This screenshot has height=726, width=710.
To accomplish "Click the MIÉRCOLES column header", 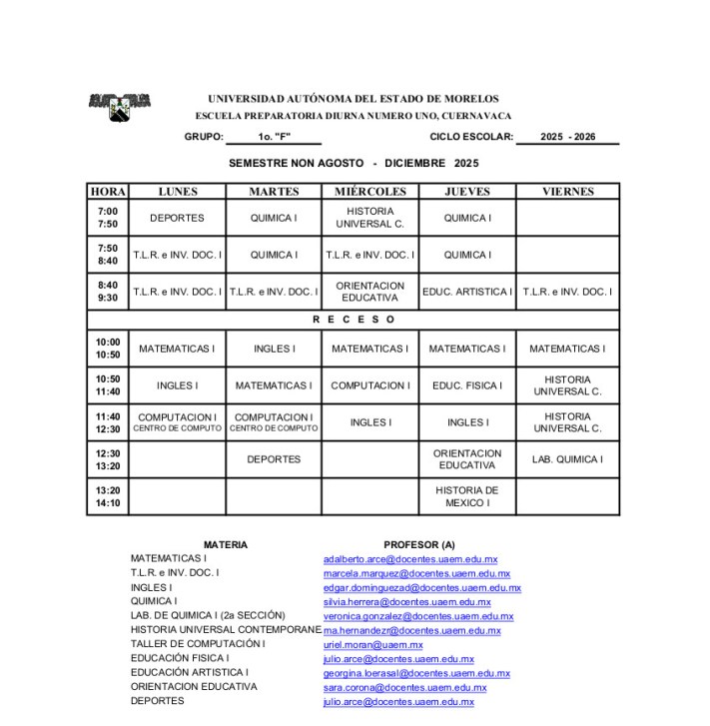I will click(x=370, y=192).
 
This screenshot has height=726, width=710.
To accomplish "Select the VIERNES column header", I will click(x=567, y=192).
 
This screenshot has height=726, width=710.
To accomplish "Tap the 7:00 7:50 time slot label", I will click(x=108, y=218).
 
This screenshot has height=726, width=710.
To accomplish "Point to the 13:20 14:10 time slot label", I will click(x=108, y=497).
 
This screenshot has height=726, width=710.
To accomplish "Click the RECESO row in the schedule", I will click(x=354, y=320).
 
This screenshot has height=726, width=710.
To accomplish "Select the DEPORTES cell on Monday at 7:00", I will click(x=177, y=218).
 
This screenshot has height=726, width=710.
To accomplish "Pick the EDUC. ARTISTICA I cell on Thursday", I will click(x=467, y=292).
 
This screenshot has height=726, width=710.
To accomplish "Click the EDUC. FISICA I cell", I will click(x=467, y=385).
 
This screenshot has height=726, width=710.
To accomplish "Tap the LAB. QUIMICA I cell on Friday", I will click(x=567, y=459).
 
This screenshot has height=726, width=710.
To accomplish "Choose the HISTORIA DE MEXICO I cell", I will click(x=467, y=497).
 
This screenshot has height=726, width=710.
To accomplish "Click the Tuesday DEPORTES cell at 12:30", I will click(x=274, y=459).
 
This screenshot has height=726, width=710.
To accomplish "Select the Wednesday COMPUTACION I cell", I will click(x=370, y=385).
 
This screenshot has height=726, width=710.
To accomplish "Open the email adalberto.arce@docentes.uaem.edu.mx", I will click(x=410, y=559).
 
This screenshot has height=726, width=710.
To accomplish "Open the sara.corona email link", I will click(x=404, y=687).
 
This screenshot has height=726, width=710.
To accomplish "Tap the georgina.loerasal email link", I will click(x=416, y=673).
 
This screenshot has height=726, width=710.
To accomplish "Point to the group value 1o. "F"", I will click(x=274, y=137).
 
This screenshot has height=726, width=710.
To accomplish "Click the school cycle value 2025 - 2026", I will click(x=567, y=137).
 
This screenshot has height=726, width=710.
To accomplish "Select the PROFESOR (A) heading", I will click(x=418, y=544).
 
